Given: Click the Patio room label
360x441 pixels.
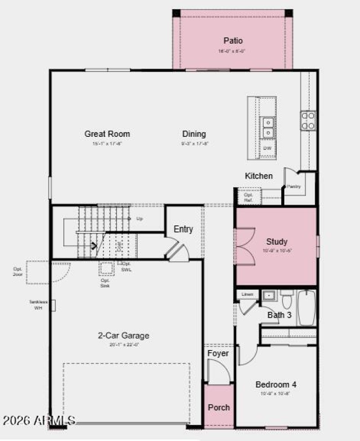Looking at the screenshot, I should [x=233, y=41].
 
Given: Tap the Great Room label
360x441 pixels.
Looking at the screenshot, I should [x=107, y=134].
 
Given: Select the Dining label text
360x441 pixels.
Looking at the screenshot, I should [x=194, y=134].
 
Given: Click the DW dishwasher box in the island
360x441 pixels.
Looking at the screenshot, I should [x=267, y=148].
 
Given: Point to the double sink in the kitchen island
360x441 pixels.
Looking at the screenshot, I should [x=268, y=127].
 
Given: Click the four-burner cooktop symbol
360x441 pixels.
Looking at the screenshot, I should [x=308, y=121].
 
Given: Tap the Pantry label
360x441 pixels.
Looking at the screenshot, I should [x=294, y=186].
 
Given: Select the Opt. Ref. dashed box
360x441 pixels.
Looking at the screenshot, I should [x=249, y=197].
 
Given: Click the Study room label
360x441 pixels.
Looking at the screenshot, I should [x=276, y=242].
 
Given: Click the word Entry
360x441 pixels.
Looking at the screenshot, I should [x=183, y=229].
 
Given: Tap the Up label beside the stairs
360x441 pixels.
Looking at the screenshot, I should [x=139, y=219].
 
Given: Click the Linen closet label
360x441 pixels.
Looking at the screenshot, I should [x=247, y=294].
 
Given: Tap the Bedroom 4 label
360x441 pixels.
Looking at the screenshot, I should [x=275, y=385].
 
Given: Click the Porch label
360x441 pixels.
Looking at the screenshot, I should [x=219, y=407].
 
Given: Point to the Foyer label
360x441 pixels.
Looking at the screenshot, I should [x=218, y=353].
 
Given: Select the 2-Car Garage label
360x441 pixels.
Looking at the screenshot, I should [x=123, y=336].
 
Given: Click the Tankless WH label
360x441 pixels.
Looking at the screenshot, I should [x=38, y=305].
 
